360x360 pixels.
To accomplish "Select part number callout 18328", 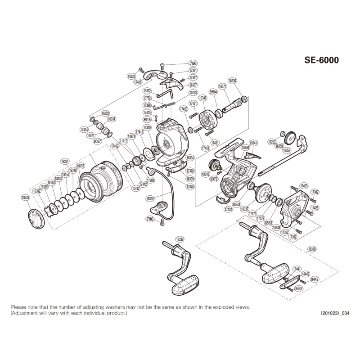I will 25,197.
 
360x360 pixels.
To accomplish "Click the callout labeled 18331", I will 65,161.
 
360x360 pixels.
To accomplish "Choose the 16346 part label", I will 203,98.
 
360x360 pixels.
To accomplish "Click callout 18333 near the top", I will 132,77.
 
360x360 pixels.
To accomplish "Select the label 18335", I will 150,198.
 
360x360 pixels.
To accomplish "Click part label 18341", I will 253,143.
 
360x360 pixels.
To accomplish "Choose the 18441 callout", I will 297,268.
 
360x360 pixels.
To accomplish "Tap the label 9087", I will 97,140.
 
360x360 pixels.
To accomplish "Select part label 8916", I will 147,120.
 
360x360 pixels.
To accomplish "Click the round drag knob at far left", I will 37,219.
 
